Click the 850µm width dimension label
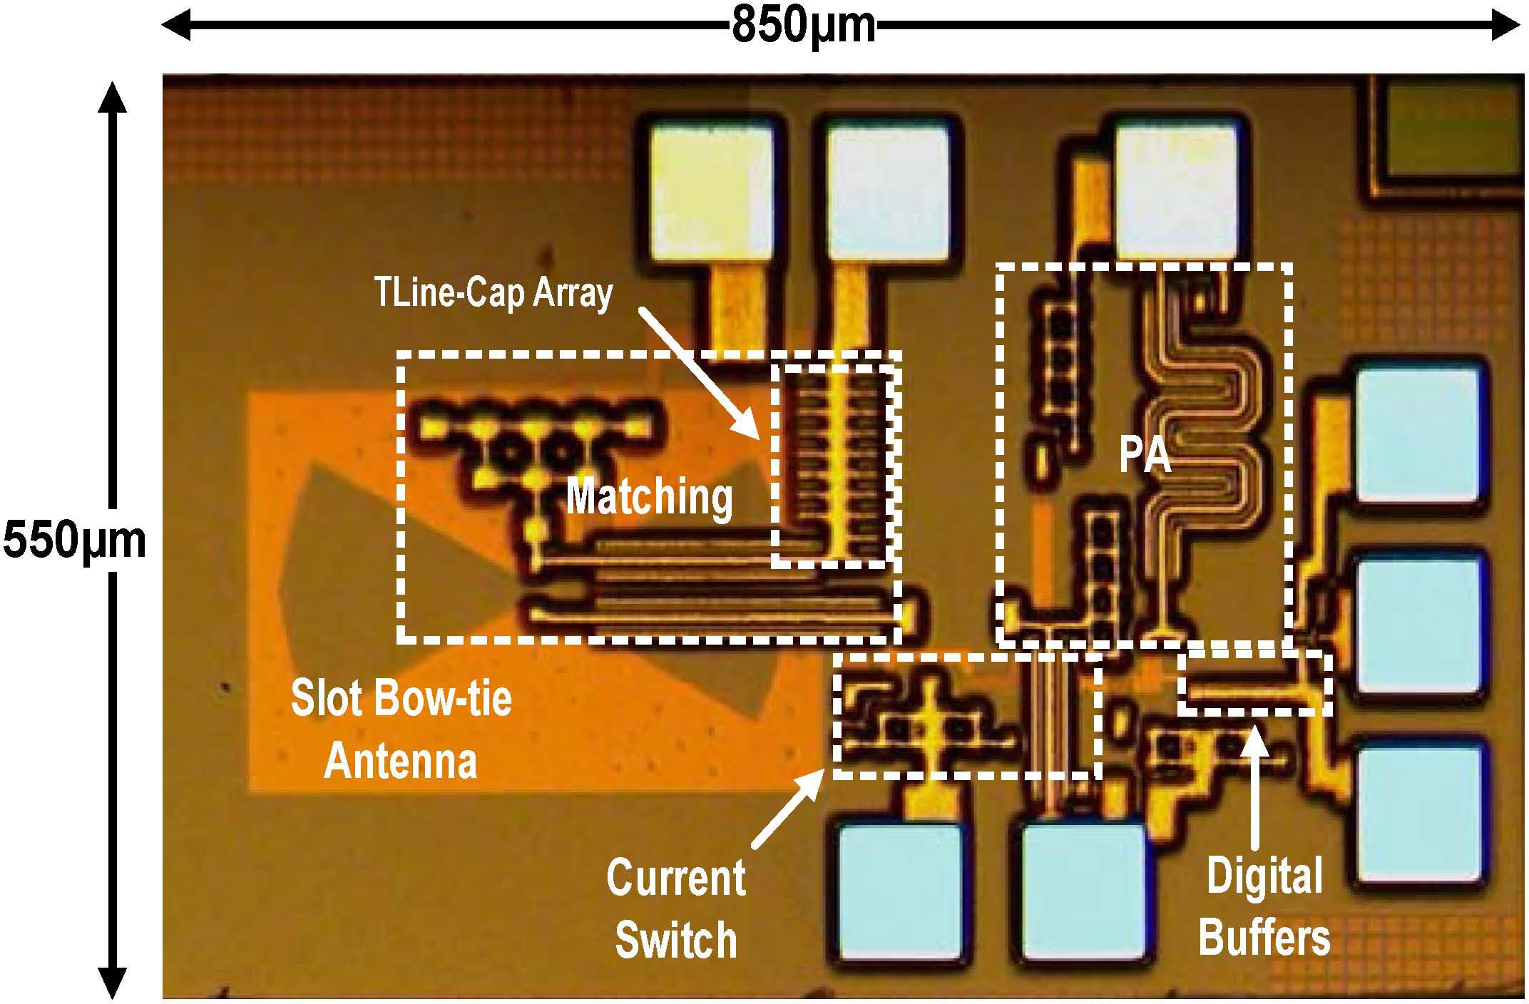pyautogui.click(x=804, y=26)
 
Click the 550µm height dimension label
pyautogui.click(x=74, y=541)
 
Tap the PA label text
pyautogui.click(x=1145, y=456)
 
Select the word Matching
pyautogui.click(x=650, y=498)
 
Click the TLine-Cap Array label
pyautogui.click(x=494, y=293)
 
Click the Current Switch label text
pyautogui.click(x=675, y=908)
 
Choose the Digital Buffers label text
pyautogui.click(x=1264, y=907)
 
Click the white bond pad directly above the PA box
pyautogui.click(x=1175, y=191)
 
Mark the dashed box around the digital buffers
pyautogui.click(x=1254, y=683)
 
